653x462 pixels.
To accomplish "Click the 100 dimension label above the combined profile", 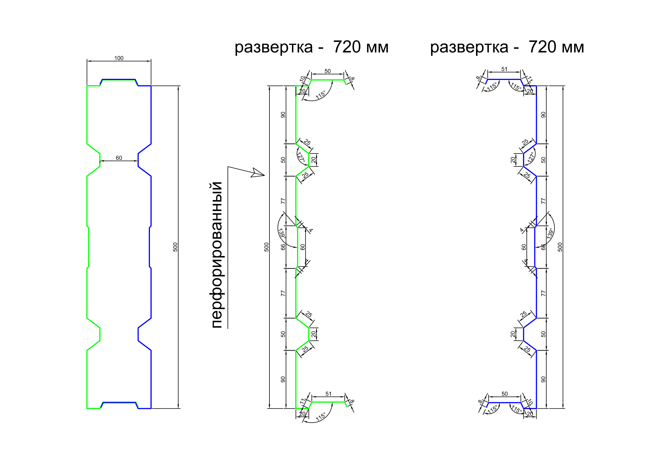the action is [x=119, y=58].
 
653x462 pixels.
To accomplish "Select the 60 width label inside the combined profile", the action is [x=119, y=158].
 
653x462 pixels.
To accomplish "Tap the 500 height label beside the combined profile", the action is [x=175, y=247].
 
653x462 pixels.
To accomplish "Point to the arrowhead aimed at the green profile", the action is [x=258, y=173].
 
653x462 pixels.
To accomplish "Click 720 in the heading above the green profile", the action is [x=347, y=47].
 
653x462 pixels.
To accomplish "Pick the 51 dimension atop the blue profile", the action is [x=504, y=69].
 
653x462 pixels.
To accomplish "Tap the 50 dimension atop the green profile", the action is [x=328, y=71].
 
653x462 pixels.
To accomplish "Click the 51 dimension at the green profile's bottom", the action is [x=329, y=394].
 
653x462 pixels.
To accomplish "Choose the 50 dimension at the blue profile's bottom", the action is [x=504, y=394].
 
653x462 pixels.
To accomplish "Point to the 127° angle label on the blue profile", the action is [x=531, y=157].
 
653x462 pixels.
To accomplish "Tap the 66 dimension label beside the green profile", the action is [x=283, y=247].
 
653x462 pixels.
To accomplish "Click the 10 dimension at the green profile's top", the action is [x=303, y=79].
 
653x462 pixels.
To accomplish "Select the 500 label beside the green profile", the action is [x=266, y=247].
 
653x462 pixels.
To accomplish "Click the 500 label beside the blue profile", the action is [x=560, y=247].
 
